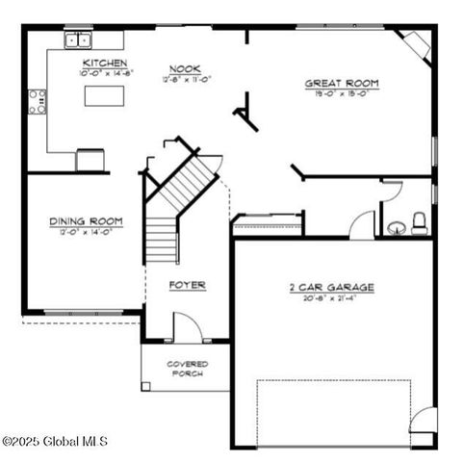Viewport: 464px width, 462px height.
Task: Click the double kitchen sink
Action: point(79,39)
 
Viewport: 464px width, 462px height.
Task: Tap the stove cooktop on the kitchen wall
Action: point(38,101)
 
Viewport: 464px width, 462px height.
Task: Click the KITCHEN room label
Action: point(105,64)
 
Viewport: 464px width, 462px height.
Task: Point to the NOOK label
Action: point(184,68)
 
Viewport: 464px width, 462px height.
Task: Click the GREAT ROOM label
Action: point(342,84)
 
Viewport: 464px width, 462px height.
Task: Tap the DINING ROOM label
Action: point(87,222)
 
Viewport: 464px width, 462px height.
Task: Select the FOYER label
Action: point(187,285)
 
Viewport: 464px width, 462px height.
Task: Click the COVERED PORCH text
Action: point(187,369)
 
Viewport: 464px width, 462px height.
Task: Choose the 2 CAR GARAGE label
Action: point(331,287)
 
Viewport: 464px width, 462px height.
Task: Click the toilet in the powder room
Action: point(419,224)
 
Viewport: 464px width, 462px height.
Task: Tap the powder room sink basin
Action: point(396,228)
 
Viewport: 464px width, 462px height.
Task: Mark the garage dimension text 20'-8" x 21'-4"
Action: point(331,299)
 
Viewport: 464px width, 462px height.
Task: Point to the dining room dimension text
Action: point(87,233)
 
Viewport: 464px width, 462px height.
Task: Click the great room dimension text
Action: point(342,95)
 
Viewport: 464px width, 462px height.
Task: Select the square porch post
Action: point(146,386)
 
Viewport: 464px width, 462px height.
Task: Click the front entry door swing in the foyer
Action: point(189,327)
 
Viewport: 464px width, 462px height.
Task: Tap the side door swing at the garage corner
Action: point(423,422)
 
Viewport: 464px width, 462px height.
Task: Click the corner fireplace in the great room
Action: point(415,44)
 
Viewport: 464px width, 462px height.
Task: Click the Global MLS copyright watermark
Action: point(55,442)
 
